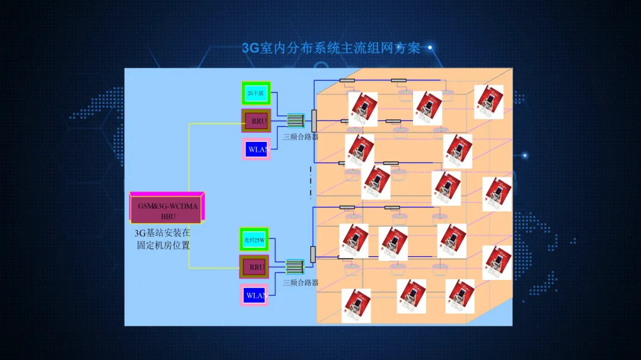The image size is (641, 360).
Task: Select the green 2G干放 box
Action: click(x=256, y=93)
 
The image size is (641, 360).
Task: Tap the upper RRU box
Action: click(x=256, y=120)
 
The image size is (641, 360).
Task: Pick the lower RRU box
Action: click(x=255, y=267)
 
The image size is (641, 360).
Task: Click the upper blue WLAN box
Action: click(x=256, y=149)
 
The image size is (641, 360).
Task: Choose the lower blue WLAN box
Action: click(x=254, y=295)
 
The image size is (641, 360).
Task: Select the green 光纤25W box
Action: click(x=254, y=240)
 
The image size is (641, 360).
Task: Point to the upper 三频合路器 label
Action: click(x=300, y=137)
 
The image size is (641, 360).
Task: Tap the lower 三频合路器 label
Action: click(x=300, y=283)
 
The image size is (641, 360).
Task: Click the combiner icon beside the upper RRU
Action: click(x=296, y=120)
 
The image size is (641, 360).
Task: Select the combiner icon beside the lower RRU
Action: click(x=294, y=266)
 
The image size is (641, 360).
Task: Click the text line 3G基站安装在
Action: click(x=162, y=233)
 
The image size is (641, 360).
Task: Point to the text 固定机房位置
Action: click(x=163, y=245)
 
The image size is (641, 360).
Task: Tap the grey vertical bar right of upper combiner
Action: click(x=314, y=120)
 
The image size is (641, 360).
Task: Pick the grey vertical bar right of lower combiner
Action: click(x=313, y=255)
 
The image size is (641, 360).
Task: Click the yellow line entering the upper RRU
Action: click(x=214, y=124)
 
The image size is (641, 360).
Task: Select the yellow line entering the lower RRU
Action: click(x=214, y=268)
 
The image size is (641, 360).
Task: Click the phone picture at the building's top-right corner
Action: click(x=489, y=101)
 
